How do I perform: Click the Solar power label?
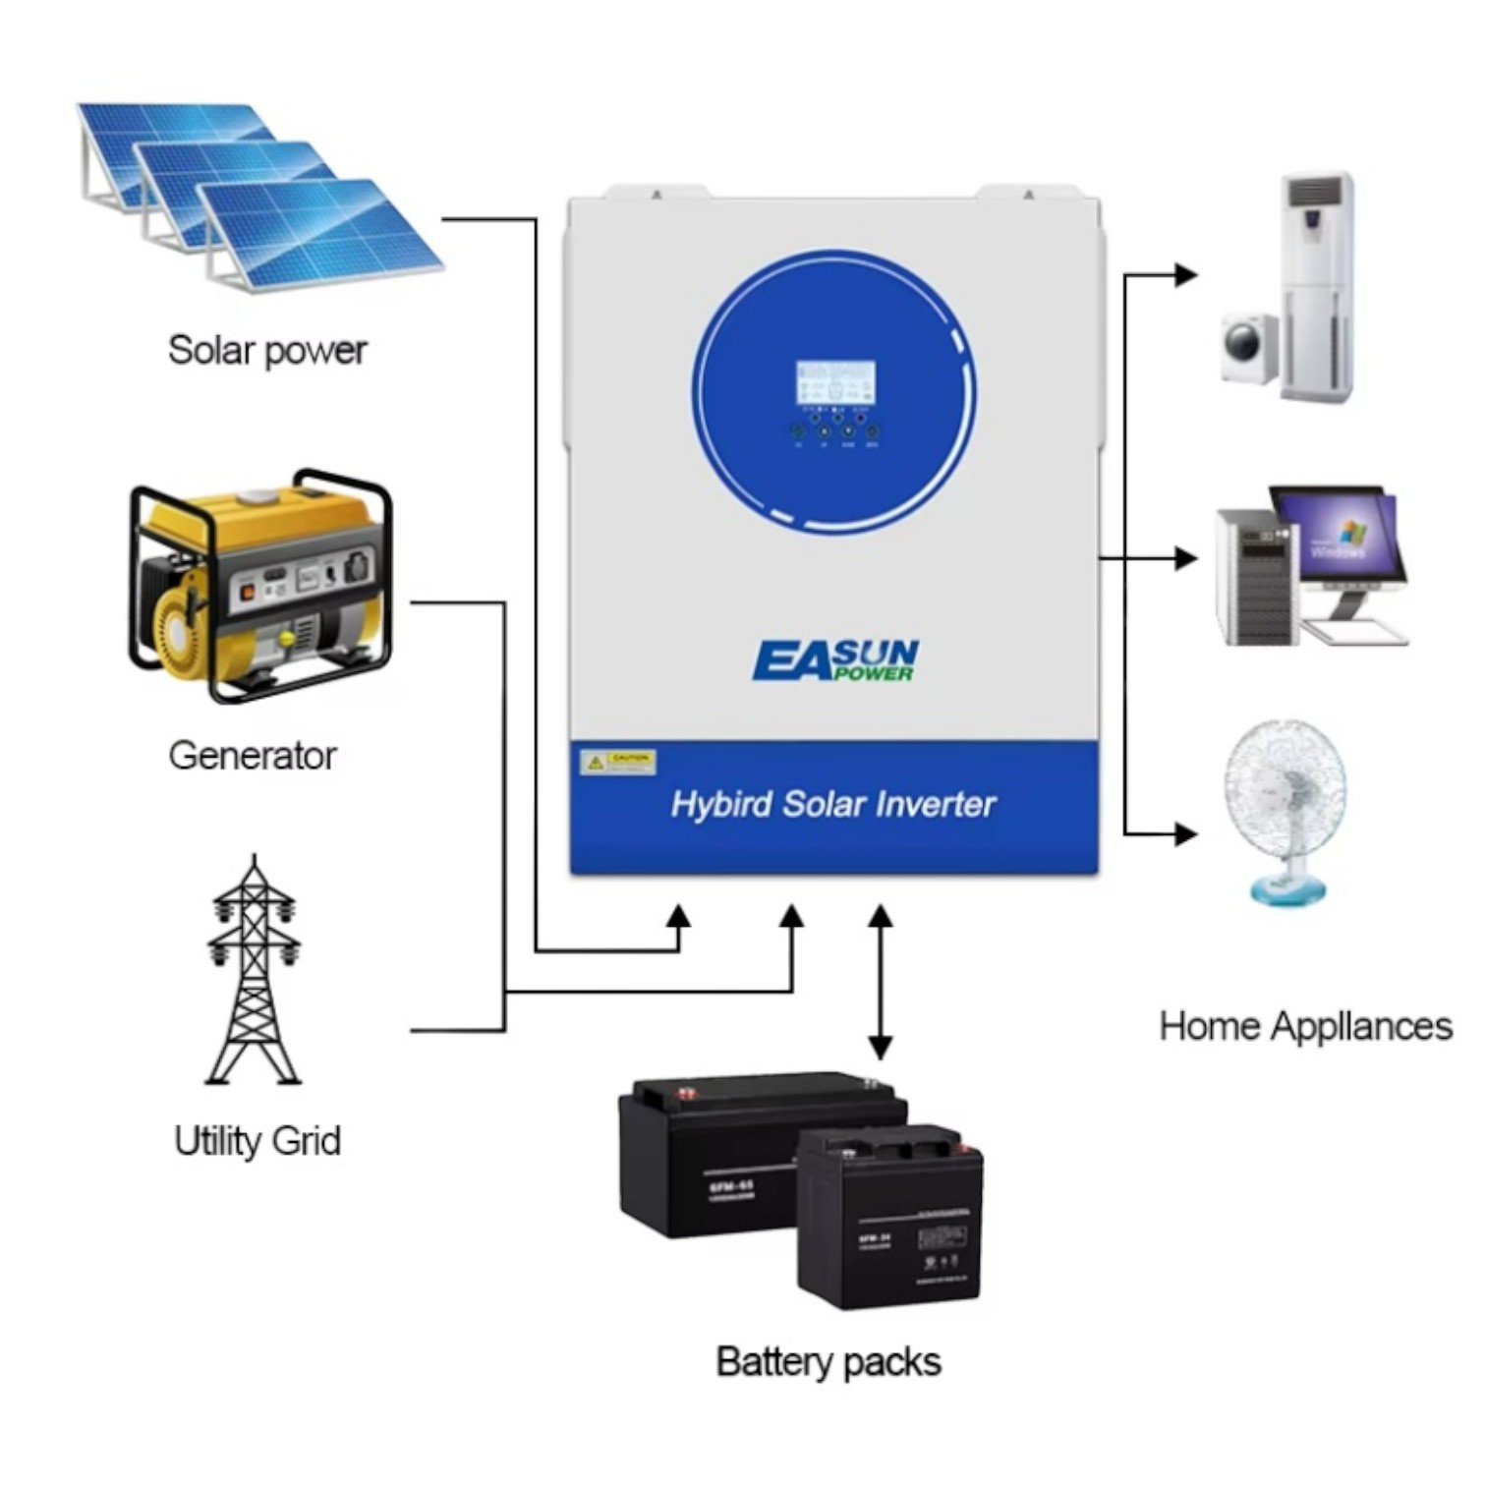pos(267,351)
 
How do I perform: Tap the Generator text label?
pos(253,756)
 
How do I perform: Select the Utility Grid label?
pos(257,1141)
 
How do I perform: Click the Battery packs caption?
pos(829,1362)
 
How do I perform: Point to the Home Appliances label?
pos(1305,1026)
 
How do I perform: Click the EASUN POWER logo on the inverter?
pos(835,660)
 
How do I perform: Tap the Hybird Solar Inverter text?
pos(833,805)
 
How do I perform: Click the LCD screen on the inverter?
pos(834,381)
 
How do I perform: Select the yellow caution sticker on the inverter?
pos(617,762)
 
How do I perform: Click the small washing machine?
pos(1249,347)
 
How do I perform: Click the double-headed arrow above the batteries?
pos(881,982)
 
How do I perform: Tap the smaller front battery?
pos(890,1219)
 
